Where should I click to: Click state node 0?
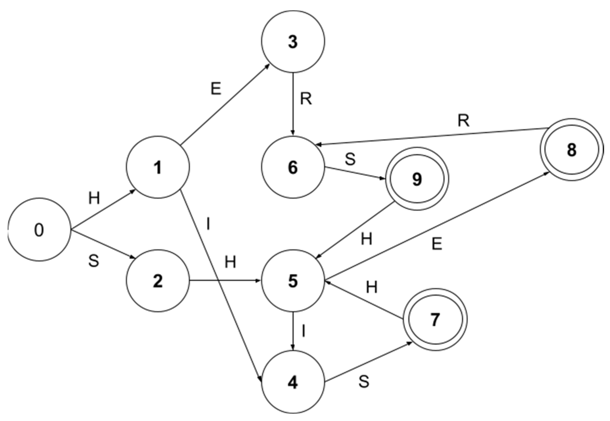pyautogui.click(x=39, y=230)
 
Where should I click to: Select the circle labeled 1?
pyautogui.click(x=158, y=167)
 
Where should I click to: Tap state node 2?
pyautogui.click(x=158, y=281)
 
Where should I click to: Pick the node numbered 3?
pyautogui.click(x=293, y=42)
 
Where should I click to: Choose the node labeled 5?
pyautogui.click(x=293, y=281)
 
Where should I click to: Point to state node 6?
pyautogui.click(x=293, y=167)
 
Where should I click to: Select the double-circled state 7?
pyautogui.click(x=435, y=319)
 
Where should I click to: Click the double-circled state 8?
pyautogui.click(x=572, y=150)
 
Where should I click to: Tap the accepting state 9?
pyautogui.click(x=417, y=179)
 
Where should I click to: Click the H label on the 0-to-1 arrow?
pyautogui.click(x=94, y=198)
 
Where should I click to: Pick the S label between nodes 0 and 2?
pyautogui.click(x=94, y=261)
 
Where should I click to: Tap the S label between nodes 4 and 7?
pyautogui.click(x=364, y=381)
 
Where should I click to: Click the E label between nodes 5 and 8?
pyautogui.click(x=437, y=244)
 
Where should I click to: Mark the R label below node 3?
pyautogui.click(x=306, y=99)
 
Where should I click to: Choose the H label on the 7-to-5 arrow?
pyautogui.click(x=372, y=287)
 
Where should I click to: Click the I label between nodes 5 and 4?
pyautogui.click(x=304, y=331)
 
